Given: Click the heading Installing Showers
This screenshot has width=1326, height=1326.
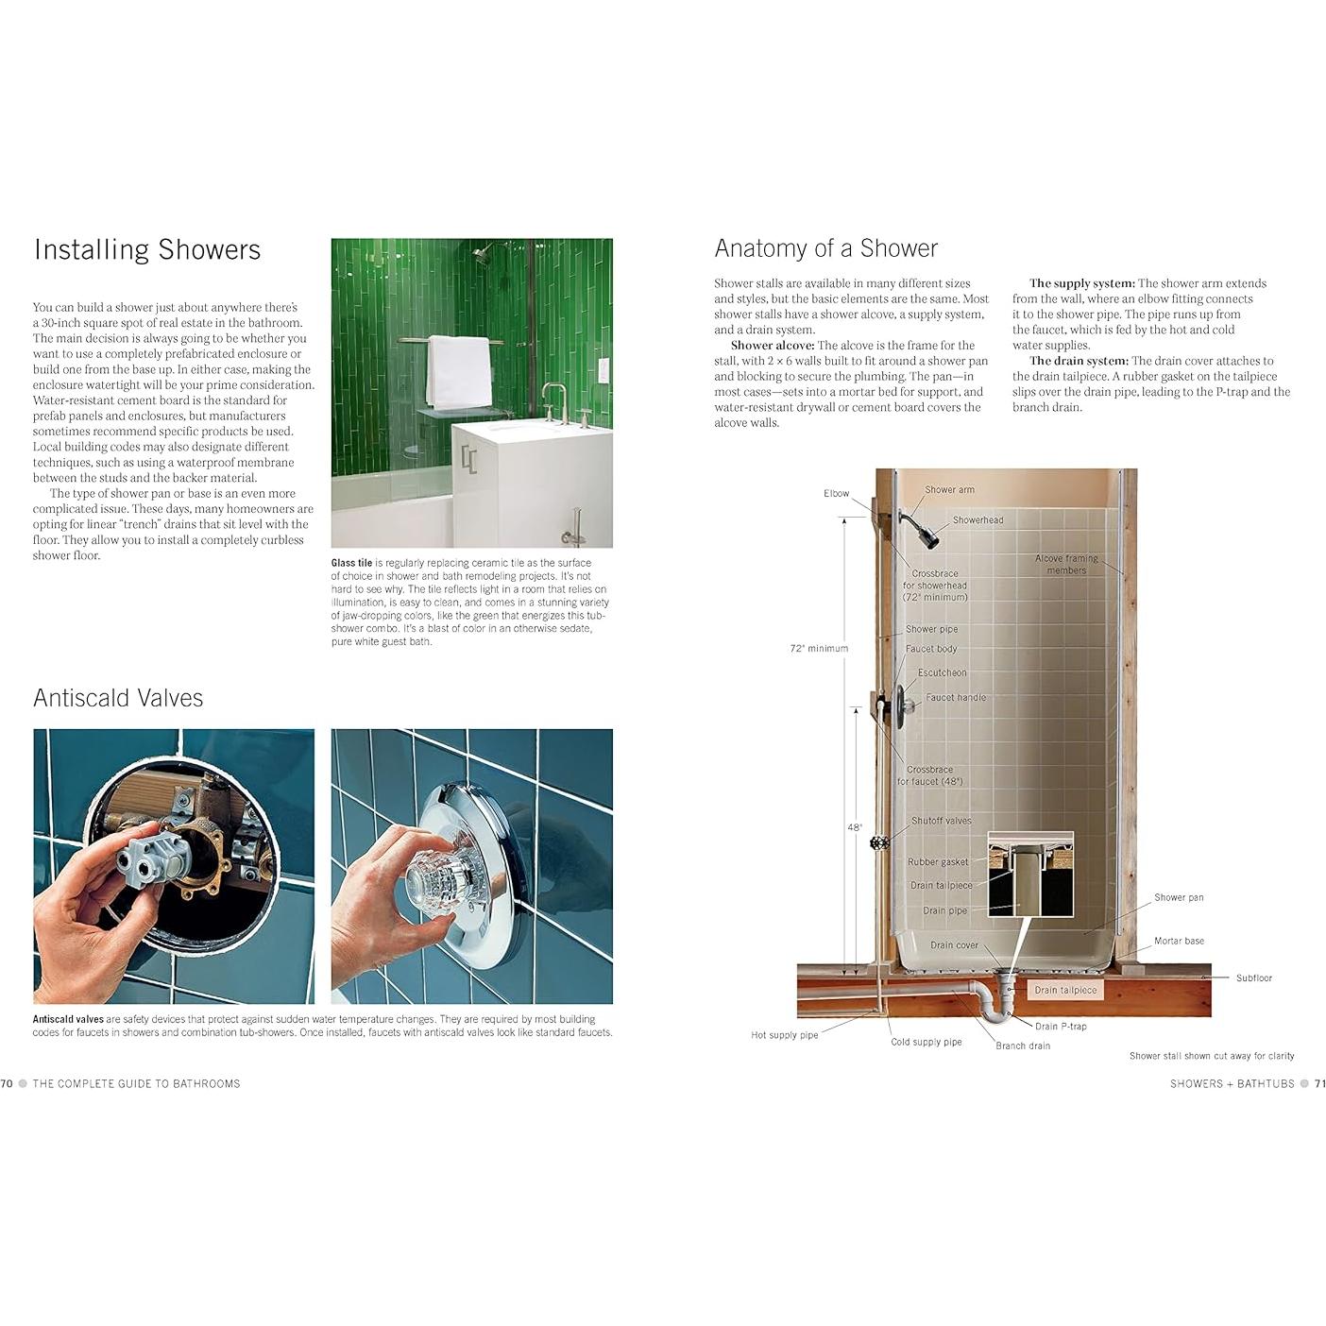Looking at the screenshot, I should point(147,249).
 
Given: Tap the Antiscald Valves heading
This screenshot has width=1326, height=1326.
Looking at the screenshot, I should point(118,698).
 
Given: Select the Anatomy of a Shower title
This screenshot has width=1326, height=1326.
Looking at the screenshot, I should point(825,248).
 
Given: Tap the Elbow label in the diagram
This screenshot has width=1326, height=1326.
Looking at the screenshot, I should point(836,493).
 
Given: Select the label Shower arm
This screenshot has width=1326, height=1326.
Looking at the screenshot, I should point(949,489).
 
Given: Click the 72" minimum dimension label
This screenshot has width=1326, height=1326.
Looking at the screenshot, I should point(819,648).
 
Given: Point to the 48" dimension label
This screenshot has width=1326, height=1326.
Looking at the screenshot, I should point(854,827).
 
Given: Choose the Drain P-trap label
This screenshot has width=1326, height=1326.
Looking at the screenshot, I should point(1061,1026).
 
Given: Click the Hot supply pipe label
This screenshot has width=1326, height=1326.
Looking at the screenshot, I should point(784,1035).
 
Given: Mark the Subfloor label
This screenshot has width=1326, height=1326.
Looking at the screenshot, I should point(1253,977).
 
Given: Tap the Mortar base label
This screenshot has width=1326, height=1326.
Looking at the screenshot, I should point(1179,941).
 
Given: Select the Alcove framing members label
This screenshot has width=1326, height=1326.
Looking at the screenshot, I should point(1066,564).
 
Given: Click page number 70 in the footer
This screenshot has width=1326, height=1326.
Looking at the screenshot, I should point(7,1083).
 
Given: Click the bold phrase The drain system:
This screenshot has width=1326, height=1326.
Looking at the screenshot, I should point(1079,361).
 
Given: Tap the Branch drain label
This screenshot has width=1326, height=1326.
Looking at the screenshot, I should point(1022,1045).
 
